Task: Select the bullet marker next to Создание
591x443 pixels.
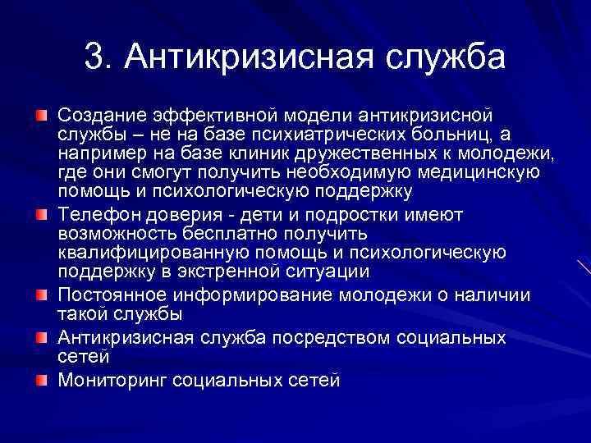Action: [40, 112]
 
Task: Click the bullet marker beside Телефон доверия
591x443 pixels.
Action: [40, 215]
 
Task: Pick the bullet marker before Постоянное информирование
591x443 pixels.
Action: [40, 293]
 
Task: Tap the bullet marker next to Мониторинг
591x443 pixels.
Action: [40, 378]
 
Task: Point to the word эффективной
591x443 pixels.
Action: [214, 113]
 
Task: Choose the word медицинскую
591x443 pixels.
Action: [477, 172]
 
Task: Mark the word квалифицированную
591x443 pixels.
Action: [158, 253]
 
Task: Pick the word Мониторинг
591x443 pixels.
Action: [114, 380]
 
